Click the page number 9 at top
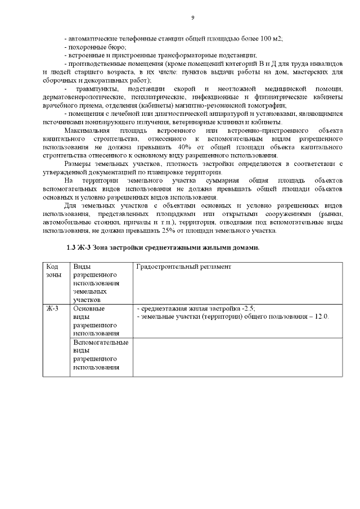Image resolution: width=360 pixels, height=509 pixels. pyautogui.click(x=192, y=18)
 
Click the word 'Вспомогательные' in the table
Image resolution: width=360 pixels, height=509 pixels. pyautogui.click(x=101, y=343)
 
